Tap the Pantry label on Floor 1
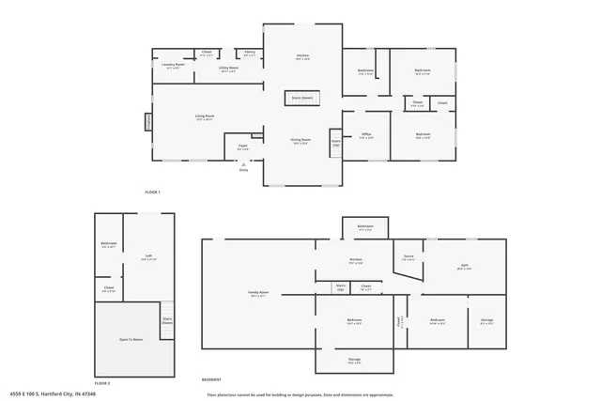[250, 54]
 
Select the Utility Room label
[228, 69]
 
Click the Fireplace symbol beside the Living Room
[147, 122]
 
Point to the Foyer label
[242, 147]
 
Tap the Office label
[366, 135]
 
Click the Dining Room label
[300, 141]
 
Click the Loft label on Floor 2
[147, 255]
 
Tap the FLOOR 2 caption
[101, 384]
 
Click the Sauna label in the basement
[408, 256]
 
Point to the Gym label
[464, 267]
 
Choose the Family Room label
[258, 294]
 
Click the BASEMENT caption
[211, 380]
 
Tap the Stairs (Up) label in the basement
[341, 287]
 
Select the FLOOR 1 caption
[152, 192]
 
